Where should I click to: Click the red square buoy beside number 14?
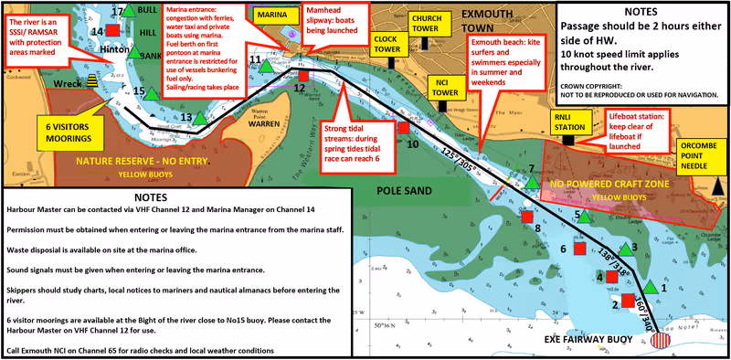click(x=112, y=30)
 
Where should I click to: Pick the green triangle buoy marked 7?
click(x=533, y=183)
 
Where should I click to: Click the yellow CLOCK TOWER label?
click(x=389, y=44)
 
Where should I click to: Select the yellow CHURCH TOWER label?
click(x=427, y=23)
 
